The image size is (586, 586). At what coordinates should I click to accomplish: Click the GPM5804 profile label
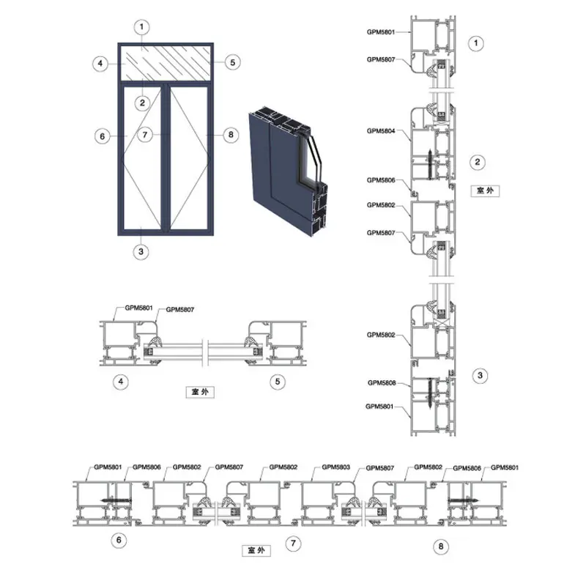(x=381, y=131)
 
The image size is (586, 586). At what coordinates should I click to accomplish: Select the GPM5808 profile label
(x=382, y=382)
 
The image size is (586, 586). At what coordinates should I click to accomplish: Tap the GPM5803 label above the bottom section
(x=335, y=467)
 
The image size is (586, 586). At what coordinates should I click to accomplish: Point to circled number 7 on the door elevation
(x=145, y=135)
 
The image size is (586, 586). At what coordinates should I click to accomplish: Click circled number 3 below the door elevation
(x=141, y=251)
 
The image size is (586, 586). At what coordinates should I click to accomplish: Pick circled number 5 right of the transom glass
(x=232, y=62)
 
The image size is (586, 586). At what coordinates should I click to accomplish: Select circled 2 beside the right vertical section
(x=478, y=162)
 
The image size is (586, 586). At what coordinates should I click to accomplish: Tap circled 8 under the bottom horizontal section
(x=441, y=546)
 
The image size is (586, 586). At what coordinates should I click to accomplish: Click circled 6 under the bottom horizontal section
(x=119, y=540)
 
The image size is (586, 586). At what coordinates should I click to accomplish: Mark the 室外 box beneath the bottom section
(x=256, y=550)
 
